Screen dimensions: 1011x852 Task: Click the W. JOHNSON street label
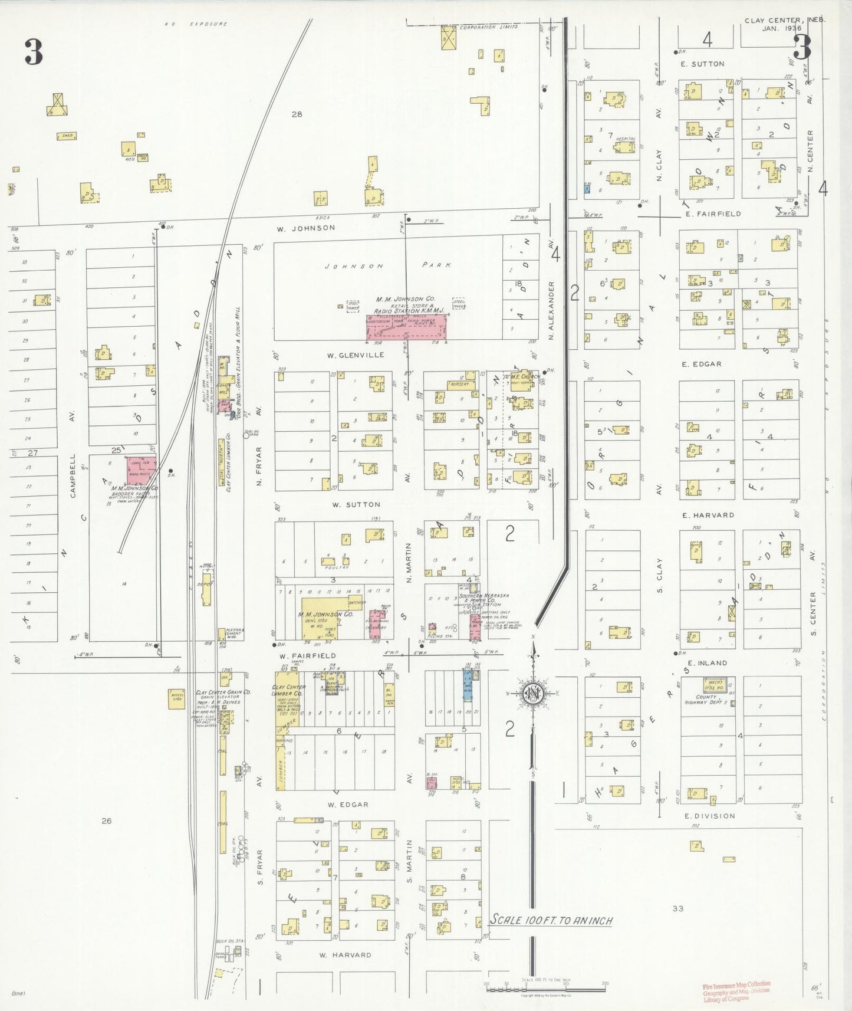[314, 228]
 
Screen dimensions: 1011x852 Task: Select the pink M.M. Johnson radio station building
[406, 327]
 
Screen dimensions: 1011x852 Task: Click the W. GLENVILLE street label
[356, 355]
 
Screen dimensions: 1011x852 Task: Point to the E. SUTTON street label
[702, 64]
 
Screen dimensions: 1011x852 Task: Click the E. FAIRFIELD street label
[713, 214]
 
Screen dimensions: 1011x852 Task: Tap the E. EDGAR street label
[702, 365]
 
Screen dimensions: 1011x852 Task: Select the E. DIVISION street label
[709, 816]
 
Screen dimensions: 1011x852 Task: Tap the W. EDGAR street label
[348, 805]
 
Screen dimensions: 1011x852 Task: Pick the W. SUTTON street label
[356, 505]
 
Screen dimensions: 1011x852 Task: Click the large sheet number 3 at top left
[34, 52]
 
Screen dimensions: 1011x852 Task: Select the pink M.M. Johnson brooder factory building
[142, 470]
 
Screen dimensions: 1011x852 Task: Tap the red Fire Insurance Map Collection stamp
[736, 991]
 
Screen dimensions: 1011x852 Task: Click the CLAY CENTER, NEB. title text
[784, 21]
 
